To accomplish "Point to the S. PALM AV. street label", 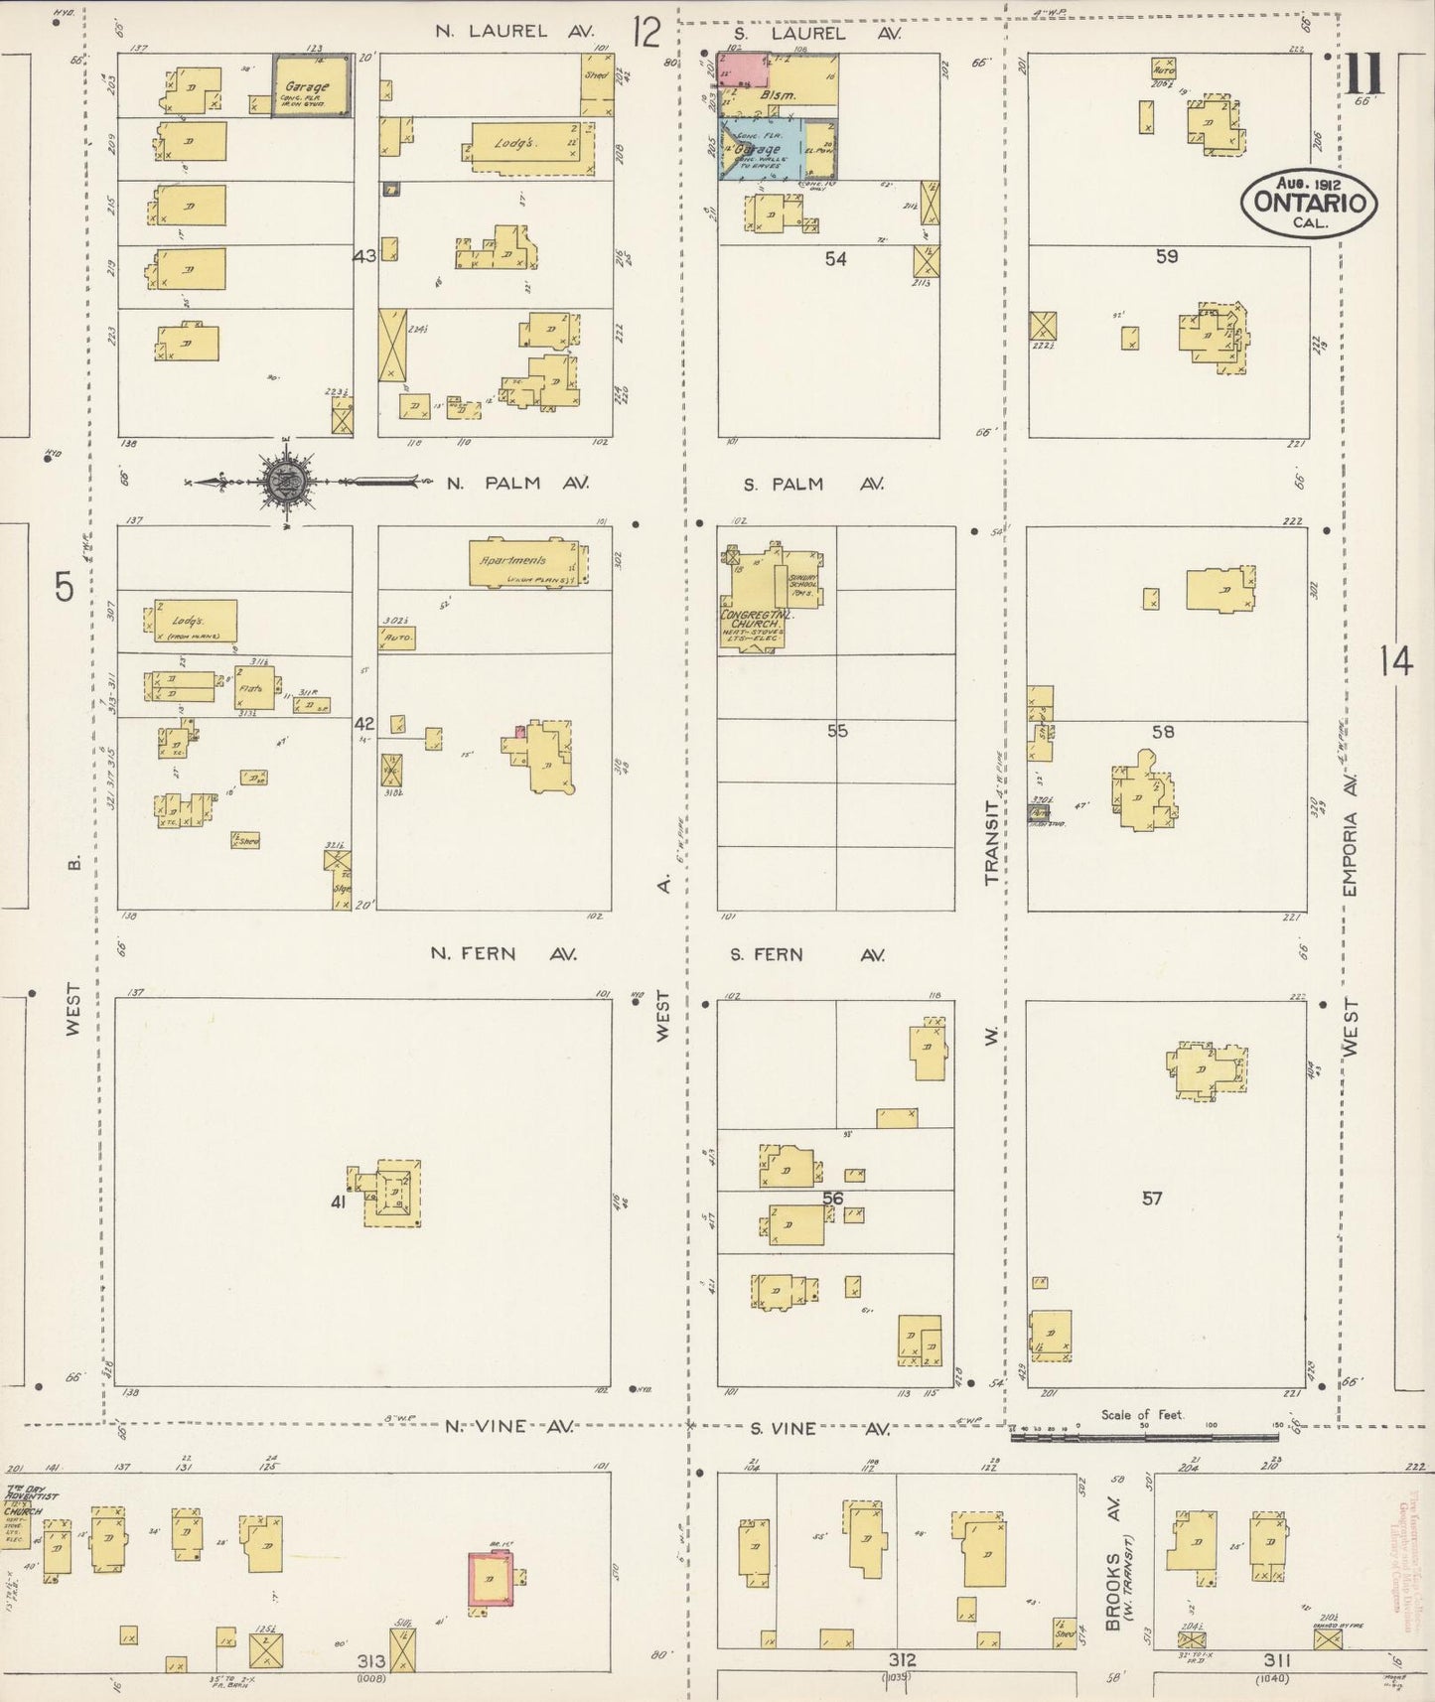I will tap(813, 485).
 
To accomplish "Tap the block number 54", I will tap(835, 259).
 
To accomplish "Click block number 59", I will tap(1166, 256).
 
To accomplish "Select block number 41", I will tap(339, 1203).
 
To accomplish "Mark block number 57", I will tap(1151, 1199).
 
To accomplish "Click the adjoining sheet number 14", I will tap(1394, 660).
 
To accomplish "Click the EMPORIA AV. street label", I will tap(1350, 836).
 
